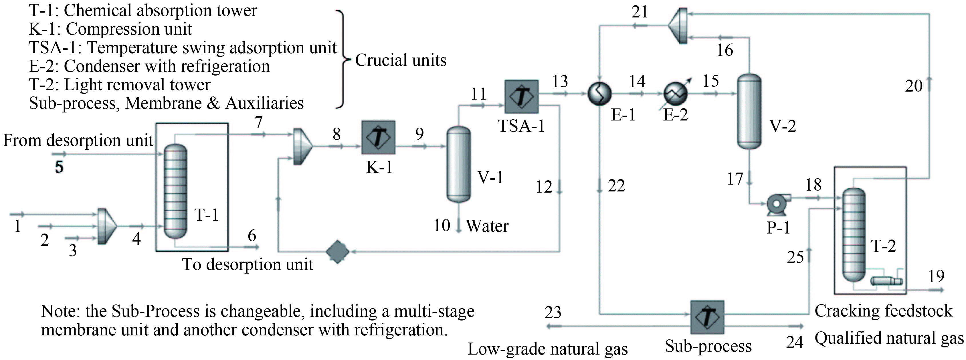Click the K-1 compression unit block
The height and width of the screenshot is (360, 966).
pos(378,137)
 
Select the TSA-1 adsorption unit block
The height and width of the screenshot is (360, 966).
pos(521,96)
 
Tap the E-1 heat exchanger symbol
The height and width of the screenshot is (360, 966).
pos(599,93)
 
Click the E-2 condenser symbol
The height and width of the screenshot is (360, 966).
pos(675,93)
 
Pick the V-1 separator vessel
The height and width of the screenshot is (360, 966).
pos(458,164)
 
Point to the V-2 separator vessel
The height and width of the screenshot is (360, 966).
pos(749,111)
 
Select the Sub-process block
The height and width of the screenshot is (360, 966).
pos(707,317)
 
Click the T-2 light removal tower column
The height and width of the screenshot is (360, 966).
pos(854,235)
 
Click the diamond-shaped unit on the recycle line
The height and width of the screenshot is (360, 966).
pos(338,252)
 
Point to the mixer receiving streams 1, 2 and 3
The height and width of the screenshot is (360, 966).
pos(106,226)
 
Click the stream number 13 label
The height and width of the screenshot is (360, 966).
pos(560,81)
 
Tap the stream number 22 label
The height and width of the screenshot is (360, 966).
pos(616,186)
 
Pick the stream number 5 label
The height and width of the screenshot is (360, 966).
pos(59,167)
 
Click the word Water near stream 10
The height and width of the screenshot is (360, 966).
pos(487,226)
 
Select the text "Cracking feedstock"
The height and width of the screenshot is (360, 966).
pos(883,311)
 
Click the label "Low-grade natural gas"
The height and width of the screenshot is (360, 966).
pos(547,349)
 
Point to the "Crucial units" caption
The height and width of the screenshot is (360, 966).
pos(401,60)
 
